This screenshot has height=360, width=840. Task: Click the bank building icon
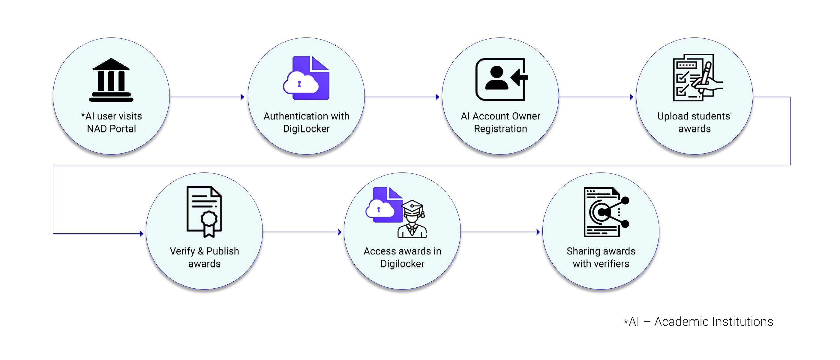pos(111,80)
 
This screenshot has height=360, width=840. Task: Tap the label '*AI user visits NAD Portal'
pos(111,122)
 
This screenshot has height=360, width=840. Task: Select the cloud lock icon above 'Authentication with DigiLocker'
pos(306,78)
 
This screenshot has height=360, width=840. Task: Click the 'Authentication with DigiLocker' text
pos(306,122)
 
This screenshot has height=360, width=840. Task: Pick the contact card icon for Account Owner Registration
pos(502,79)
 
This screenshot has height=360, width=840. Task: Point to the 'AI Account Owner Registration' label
pos(500,122)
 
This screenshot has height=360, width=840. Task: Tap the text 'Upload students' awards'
pos(694,122)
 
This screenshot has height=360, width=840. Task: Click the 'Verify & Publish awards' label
pos(205,257)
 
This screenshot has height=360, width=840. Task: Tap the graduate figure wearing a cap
pos(412,219)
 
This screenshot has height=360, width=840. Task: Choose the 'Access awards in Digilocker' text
pos(402,257)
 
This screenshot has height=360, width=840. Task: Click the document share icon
pos(606,212)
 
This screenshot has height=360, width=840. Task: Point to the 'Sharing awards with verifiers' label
pos(601,257)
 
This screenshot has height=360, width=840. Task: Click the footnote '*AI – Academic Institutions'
pos(698,322)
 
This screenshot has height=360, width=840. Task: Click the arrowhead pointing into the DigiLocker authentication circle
pos(242,97)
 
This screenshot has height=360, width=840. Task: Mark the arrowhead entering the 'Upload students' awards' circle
pos(631,97)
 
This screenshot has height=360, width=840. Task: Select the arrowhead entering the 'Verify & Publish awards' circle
pos(142,233)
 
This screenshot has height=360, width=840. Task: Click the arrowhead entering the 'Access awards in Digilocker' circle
pos(340,232)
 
